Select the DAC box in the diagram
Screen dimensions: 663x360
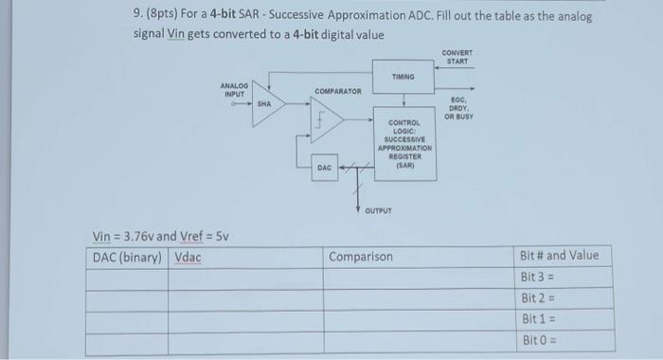click(x=324, y=168)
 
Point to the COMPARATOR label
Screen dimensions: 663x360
click(x=338, y=91)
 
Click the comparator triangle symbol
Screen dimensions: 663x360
click(x=328, y=122)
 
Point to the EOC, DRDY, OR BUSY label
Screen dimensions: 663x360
click(x=461, y=108)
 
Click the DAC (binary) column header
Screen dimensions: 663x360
click(x=127, y=257)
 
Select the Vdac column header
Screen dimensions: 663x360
click(x=188, y=257)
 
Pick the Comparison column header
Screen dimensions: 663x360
click(x=361, y=257)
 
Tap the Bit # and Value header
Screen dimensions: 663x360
click(x=560, y=256)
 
